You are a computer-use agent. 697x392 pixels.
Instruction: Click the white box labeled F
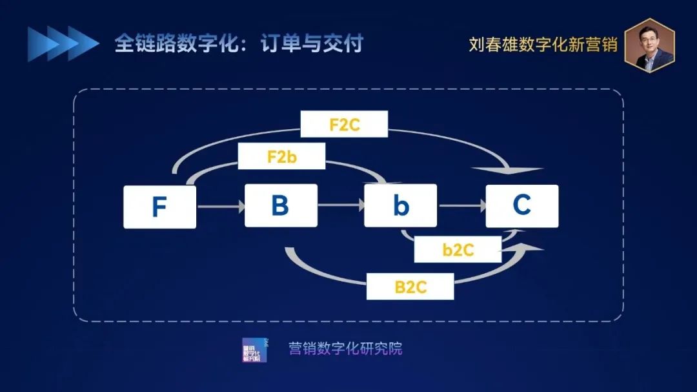pos(159,207)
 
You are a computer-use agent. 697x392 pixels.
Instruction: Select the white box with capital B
pos(281,205)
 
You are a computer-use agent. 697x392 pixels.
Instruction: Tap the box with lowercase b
pos(401,205)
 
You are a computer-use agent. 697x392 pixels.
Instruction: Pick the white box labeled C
pos(521,205)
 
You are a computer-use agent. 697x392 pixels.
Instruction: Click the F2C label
pos(344,124)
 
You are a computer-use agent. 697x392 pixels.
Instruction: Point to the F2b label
pos(281,156)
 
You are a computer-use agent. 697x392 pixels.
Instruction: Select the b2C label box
pos(458,249)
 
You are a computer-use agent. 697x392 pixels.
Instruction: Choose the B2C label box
pos(410,286)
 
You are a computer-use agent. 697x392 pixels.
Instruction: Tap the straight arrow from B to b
pos(341,206)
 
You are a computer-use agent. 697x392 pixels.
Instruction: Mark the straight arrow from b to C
pos(461,206)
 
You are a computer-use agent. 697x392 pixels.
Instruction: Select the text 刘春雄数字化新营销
pos(543,45)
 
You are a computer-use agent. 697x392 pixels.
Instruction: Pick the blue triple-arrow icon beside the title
pos(63,44)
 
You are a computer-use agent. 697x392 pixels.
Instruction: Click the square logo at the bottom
pos(254,350)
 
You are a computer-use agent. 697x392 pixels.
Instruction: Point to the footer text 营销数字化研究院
pos(345,348)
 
